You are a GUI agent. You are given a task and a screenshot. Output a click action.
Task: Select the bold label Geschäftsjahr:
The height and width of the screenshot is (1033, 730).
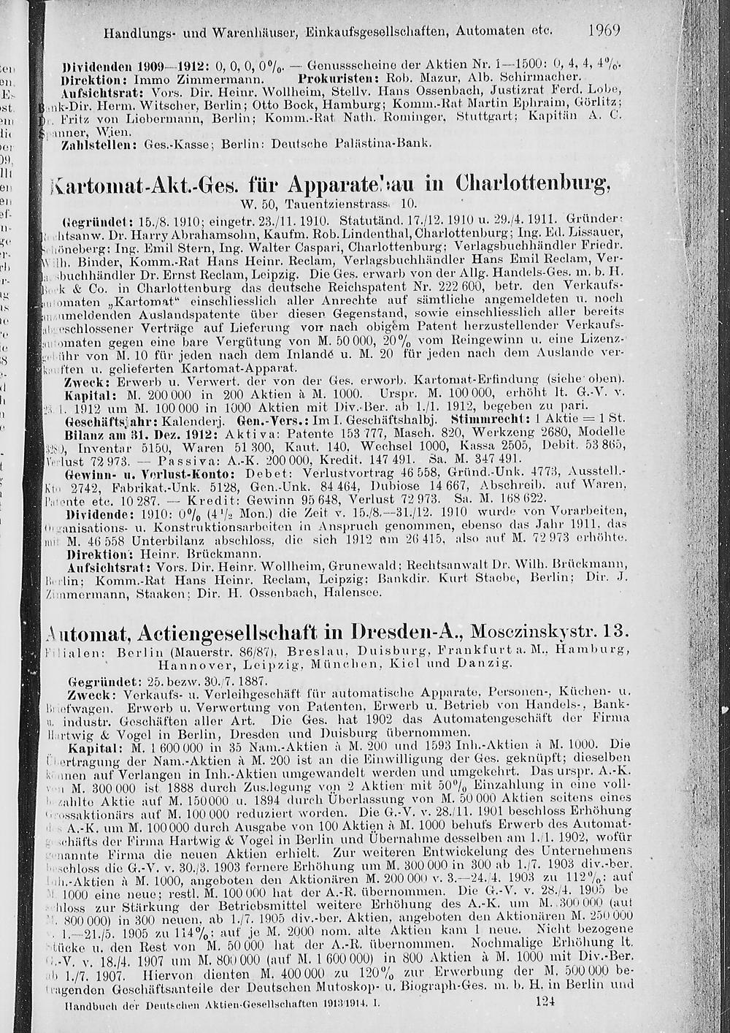pyautogui.click(x=108, y=422)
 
